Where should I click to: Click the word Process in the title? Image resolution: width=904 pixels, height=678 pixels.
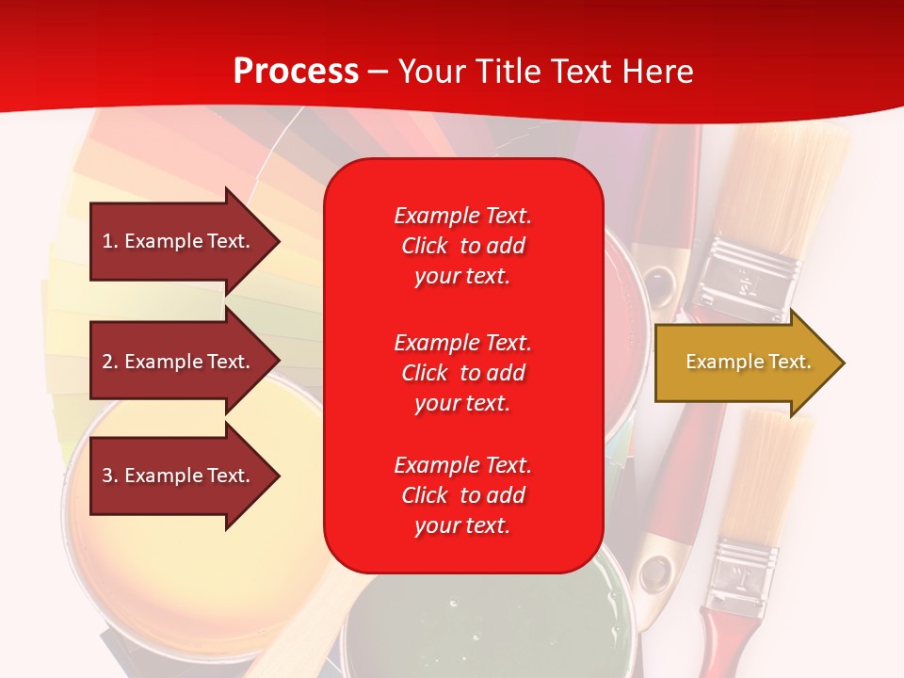296,72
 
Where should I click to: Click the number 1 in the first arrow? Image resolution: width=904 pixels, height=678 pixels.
107,241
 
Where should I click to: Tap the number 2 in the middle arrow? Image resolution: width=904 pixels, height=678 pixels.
107,362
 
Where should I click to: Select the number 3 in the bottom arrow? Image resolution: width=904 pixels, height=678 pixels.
107,476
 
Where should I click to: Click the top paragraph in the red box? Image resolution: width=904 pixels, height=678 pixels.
462,246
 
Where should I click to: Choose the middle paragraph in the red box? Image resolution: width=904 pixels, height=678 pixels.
462,372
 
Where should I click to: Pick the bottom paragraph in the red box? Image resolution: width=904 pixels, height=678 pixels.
462,495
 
